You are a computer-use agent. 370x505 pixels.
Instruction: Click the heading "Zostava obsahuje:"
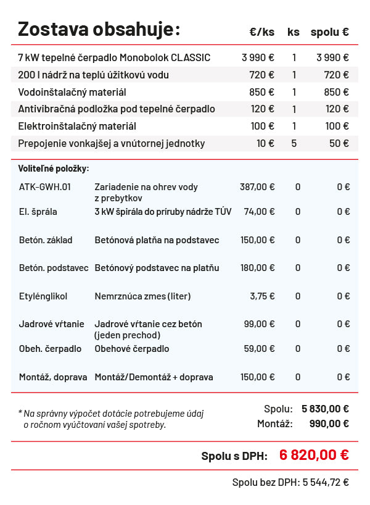coord(99,29)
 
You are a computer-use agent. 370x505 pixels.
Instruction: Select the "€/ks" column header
coord(262,32)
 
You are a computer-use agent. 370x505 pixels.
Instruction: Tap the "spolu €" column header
coord(329,32)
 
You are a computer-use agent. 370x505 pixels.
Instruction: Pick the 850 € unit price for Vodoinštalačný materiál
coord(262,92)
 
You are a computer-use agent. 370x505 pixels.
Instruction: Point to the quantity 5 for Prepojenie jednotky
coord(294,143)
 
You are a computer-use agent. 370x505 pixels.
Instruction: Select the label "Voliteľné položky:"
coord(54,168)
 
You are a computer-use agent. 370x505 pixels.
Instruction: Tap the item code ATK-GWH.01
coord(45,186)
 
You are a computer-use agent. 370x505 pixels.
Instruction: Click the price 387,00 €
coord(257,186)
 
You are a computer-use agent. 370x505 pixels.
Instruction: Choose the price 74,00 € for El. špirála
coord(260,211)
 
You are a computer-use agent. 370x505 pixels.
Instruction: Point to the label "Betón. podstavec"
coord(54,268)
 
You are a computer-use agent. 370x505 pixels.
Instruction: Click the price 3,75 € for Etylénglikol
coord(262,296)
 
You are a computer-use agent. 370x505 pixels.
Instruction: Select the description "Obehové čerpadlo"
coord(131,349)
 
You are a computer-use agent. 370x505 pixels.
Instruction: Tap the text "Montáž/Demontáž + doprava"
coord(154,377)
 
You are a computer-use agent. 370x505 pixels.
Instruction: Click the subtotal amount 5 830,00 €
coord(325,408)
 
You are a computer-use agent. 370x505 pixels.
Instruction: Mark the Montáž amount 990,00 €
coord(327,424)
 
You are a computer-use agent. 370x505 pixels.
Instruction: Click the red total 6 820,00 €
coord(314,455)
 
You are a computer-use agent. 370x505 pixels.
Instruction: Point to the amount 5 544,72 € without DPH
coord(326,482)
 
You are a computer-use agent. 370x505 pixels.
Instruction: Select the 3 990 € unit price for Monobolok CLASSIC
coord(258,57)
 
